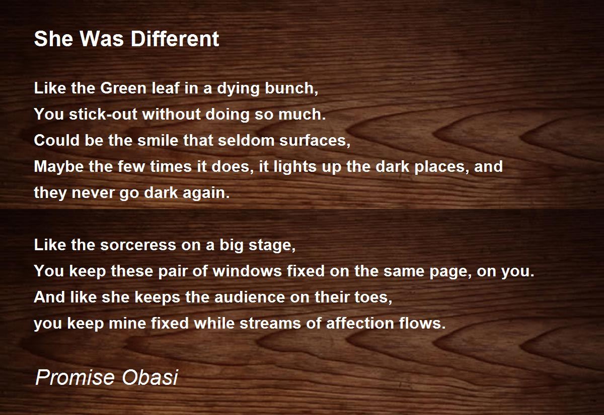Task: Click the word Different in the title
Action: (x=175, y=39)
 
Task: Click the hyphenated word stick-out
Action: (x=103, y=114)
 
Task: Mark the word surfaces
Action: (x=315, y=141)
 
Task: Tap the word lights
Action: (x=295, y=167)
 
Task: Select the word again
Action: (x=206, y=193)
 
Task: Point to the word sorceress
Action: (x=138, y=245)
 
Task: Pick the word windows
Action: (x=247, y=271)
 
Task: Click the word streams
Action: (x=270, y=324)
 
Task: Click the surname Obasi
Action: (x=149, y=377)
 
